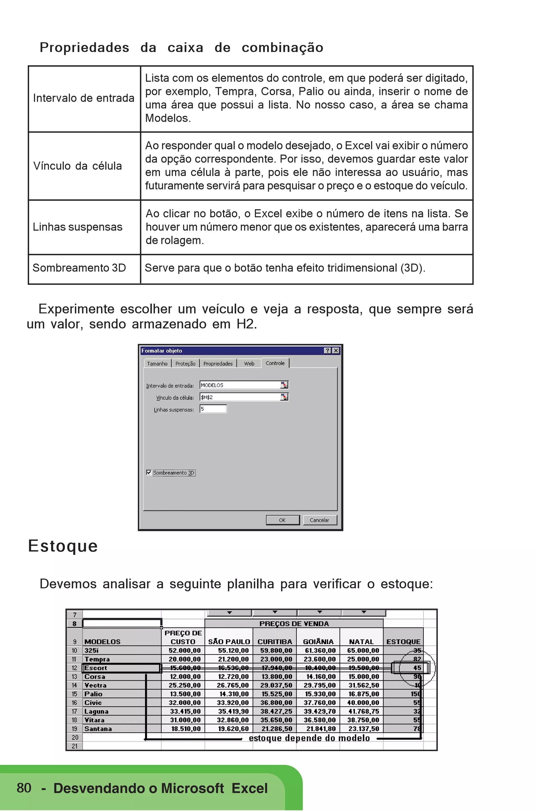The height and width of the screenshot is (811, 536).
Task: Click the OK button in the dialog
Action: click(x=282, y=520)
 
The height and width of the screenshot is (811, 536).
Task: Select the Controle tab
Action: click(x=275, y=363)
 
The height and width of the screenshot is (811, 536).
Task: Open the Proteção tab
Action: click(x=185, y=363)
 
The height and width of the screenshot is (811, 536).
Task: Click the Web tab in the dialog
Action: click(x=249, y=363)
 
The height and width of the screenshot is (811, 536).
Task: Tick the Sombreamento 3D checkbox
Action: click(x=149, y=472)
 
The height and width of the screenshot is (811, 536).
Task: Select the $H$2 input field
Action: click(x=240, y=397)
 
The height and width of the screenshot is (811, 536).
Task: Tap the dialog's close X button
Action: click(x=336, y=351)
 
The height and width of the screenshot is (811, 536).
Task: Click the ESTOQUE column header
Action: click(x=403, y=642)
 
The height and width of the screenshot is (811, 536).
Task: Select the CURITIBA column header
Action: click(x=275, y=642)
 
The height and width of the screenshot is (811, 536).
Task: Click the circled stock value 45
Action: click(x=417, y=668)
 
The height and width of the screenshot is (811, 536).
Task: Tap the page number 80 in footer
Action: click(x=24, y=788)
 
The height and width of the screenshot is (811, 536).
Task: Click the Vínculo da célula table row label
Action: click(x=77, y=166)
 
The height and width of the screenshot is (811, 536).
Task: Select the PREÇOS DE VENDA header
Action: click(x=294, y=624)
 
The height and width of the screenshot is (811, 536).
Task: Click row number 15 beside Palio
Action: click(x=74, y=694)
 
